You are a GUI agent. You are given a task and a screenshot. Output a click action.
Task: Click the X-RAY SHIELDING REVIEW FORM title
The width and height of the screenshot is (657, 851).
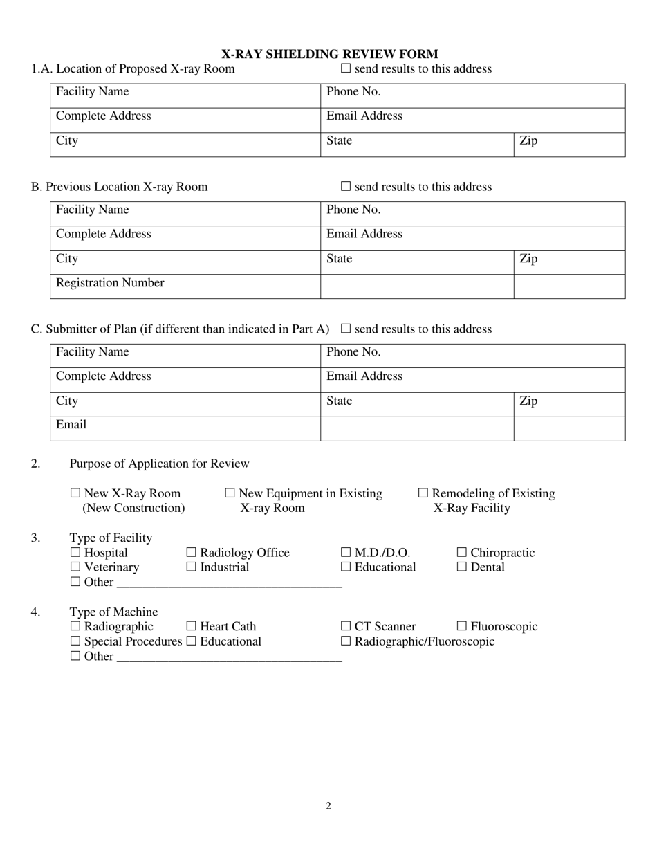[x=328, y=54]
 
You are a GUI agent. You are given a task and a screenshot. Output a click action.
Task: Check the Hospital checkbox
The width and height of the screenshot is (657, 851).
[x=75, y=553]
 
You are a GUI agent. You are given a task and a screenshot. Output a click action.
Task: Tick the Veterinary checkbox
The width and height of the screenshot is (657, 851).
[x=75, y=567]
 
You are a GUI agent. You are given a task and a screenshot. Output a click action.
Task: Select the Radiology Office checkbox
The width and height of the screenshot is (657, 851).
[x=192, y=553]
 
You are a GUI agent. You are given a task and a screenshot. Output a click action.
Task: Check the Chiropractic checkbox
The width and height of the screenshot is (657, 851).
[x=462, y=553]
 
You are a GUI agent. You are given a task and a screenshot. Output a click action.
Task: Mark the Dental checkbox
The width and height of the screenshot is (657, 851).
[x=462, y=567]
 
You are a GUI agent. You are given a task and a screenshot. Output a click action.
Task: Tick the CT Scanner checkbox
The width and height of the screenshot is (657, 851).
[x=346, y=627]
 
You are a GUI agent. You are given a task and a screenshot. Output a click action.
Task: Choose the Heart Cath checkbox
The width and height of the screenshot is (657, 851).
[x=192, y=627]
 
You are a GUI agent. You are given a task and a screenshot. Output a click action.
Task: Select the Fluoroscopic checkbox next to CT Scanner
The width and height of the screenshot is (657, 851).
[x=462, y=627]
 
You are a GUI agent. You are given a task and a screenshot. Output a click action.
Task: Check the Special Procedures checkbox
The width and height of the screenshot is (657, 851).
[x=75, y=641]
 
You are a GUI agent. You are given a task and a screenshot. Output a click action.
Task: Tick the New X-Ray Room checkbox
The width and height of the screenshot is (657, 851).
[x=75, y=494]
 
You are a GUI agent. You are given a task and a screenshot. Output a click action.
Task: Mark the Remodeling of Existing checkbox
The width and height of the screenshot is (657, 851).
[x=423, y=494]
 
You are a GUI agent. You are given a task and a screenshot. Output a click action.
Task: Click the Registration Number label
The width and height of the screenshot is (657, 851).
[x=110, y=283]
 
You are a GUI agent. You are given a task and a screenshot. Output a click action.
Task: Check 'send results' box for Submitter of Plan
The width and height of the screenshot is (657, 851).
[x=346, y=329]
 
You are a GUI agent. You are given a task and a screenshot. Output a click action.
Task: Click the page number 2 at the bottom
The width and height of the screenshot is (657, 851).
[x=328, y=805]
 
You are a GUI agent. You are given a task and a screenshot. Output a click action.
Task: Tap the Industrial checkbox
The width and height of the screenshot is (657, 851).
[x=192, y=567]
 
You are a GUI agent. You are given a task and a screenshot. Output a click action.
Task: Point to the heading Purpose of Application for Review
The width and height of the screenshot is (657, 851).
[x=159, y=464]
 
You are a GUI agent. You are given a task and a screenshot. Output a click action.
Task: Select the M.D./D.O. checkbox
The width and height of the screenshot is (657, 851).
[x=346, y=553]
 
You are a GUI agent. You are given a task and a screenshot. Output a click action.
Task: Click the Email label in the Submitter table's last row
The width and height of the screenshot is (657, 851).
[x=71, y=425]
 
